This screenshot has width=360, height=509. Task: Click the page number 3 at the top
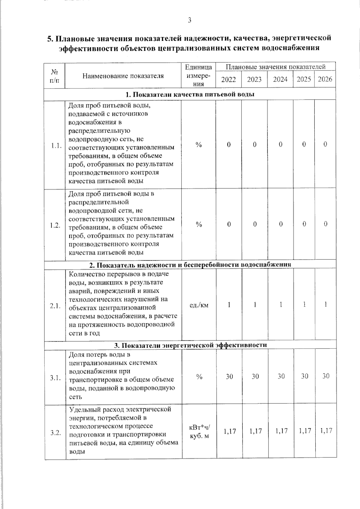[189, 20]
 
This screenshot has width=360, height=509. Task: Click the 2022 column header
[229, 79]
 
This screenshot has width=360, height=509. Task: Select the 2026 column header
[325, 79]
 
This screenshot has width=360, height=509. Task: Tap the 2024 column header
[280, 79]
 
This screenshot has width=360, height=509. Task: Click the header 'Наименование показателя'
[123, 76]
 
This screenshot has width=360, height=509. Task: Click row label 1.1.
[56, 146]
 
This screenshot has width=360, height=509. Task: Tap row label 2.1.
[55, 306]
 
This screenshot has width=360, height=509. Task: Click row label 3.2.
[56, 433]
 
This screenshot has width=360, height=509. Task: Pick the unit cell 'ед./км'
[199, 305]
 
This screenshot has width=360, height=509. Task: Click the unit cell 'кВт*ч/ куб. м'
[199, 431]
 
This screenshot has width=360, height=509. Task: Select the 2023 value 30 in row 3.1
[255, 376]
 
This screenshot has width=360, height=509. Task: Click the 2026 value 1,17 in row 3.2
[326, 431]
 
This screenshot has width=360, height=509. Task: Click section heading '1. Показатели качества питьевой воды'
[190, 94]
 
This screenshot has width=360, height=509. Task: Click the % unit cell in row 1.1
[199, 145]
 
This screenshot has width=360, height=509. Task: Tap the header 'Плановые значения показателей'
[275, 67]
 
